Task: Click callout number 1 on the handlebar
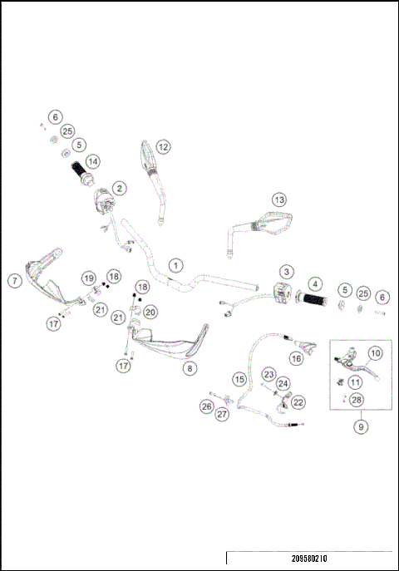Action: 175,265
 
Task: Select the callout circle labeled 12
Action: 163,146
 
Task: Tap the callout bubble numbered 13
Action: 279,199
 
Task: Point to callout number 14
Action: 91,160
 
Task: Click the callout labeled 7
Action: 14,280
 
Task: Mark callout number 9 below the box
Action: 360,426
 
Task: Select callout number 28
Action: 357,401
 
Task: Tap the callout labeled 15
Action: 239,379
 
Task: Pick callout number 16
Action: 295,358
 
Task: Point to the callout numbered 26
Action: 206,406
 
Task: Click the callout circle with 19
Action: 88,278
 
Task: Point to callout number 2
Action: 120,189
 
